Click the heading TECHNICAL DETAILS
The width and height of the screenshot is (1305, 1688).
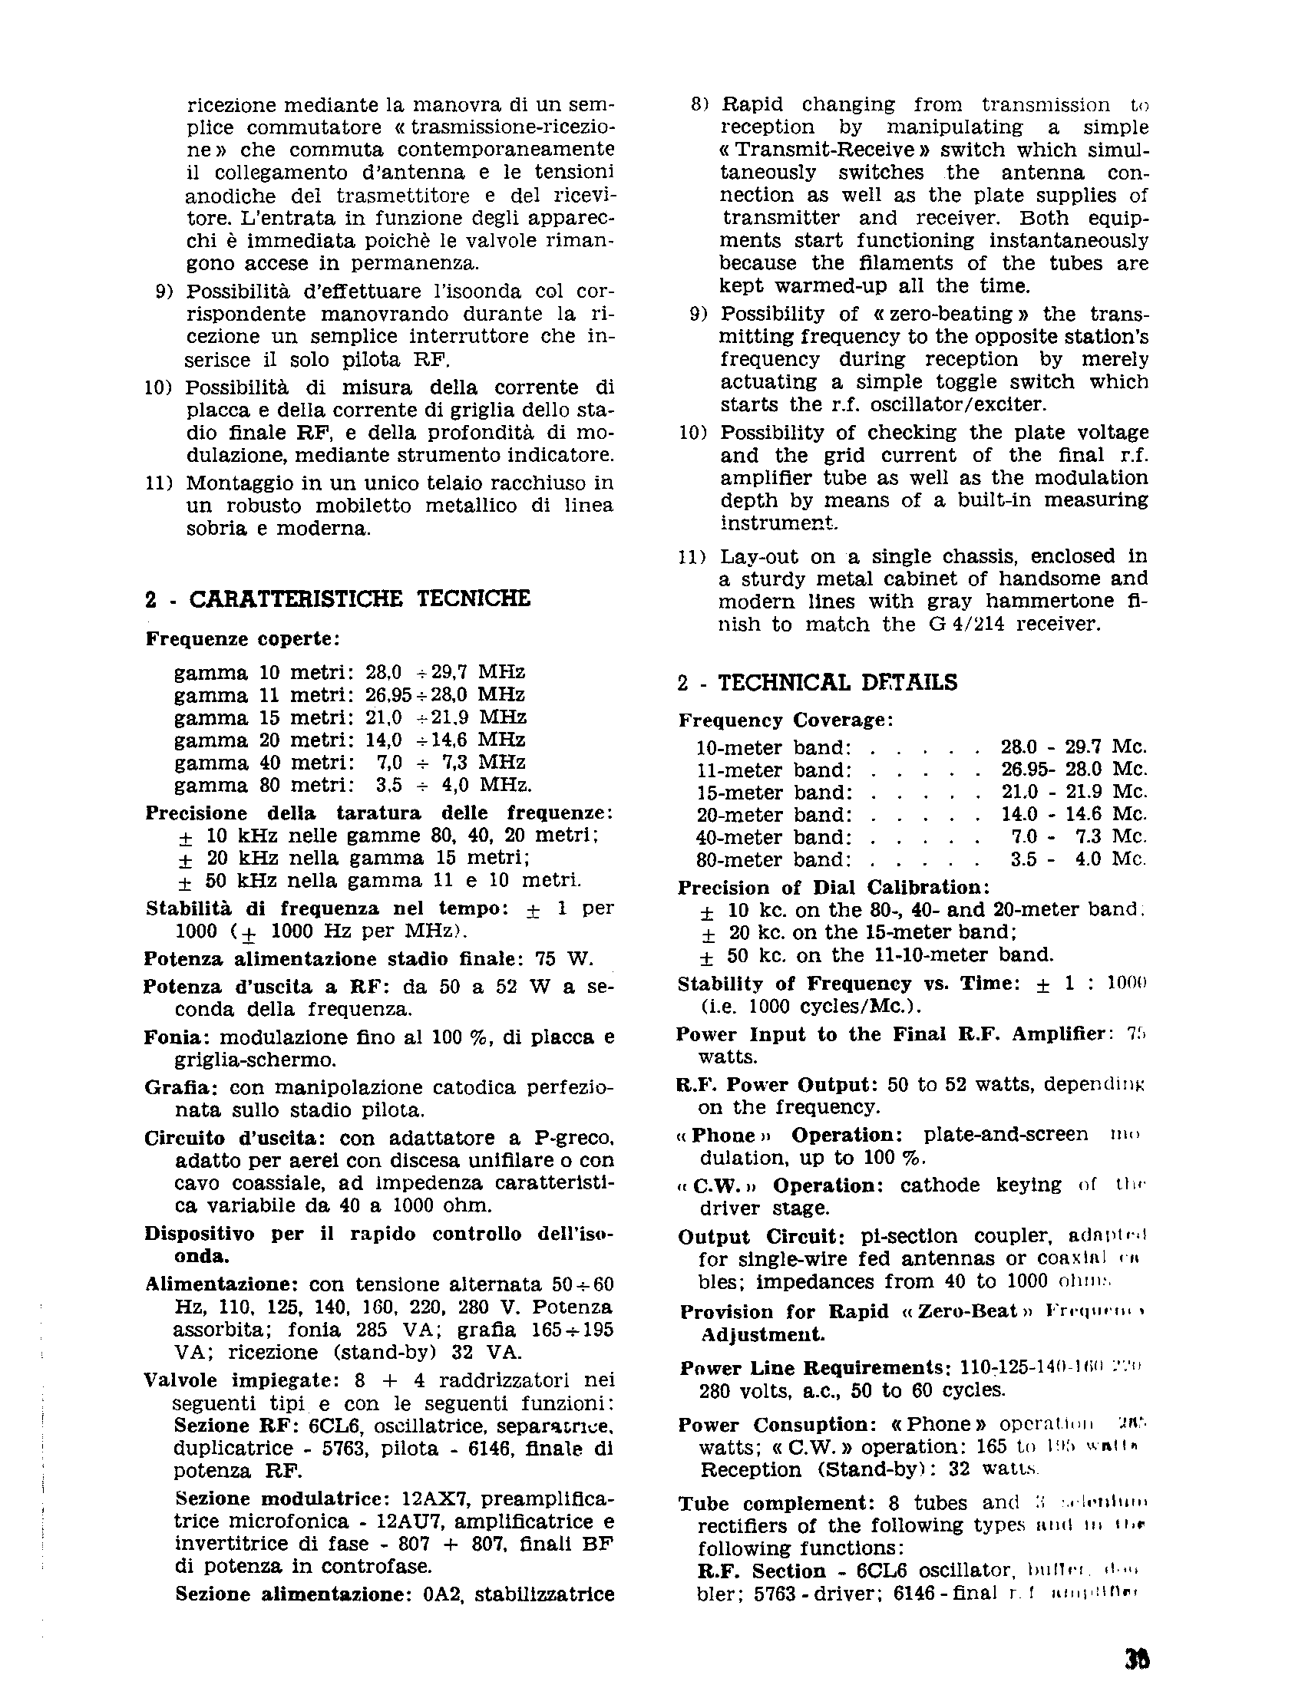(x=838, y=682)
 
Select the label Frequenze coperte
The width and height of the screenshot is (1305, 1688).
(x=242, y=639)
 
